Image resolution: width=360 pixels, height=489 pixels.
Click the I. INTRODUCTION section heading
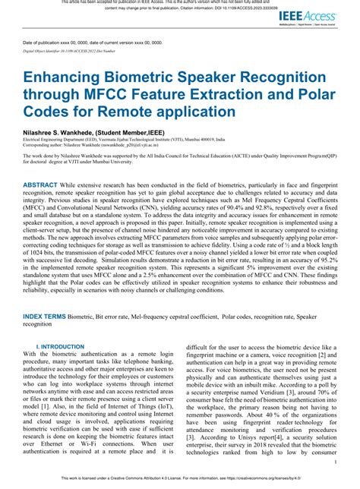(64, 346)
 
